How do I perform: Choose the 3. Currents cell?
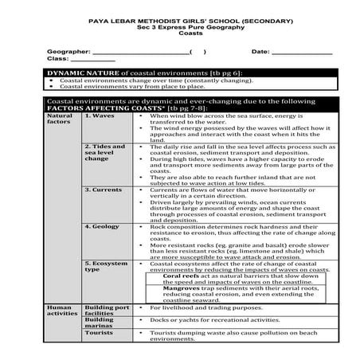pos(104,190)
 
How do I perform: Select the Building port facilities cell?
pos(106,311)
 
